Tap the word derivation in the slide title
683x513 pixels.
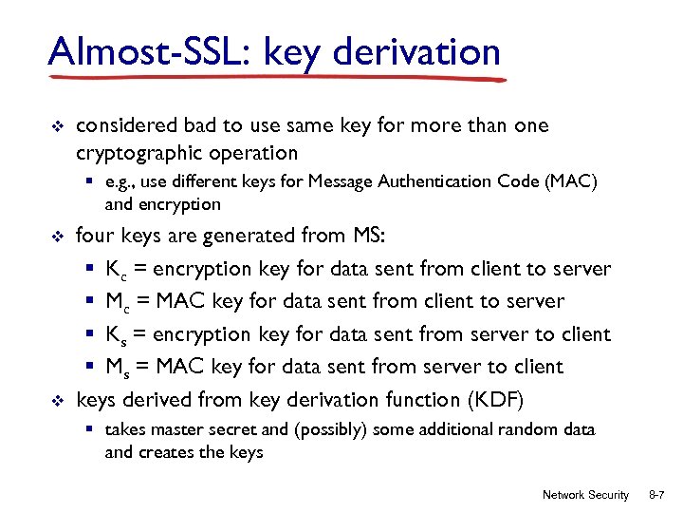click(x=418, y=51)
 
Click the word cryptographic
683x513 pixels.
click(x=138, y=153)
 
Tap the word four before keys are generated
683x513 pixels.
click(x=94, y=236)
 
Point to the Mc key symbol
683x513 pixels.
click(x=120, y=302)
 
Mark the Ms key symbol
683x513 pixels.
click(x=120, y=367)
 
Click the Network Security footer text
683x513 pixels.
click(x=585, y=495)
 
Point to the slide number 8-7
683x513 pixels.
click(x=657, y=495)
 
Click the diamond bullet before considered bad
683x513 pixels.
click(x=54, y=126)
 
